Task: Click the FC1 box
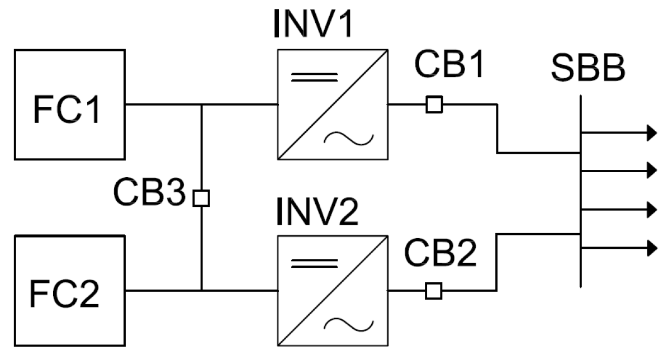[x=69, y=105]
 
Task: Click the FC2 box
[x=69, y=291]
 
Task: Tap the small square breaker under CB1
[x=434, y=105]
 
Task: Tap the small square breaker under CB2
[x=434, y=291]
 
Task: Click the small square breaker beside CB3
[x=201, y=198]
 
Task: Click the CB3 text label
[x=149, y=192]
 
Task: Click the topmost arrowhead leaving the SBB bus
[x=651, y=132]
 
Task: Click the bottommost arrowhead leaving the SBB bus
[x=651, y=247]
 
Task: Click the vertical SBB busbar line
[x=581, y=190]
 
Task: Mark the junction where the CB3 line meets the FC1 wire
[x=201, y=105]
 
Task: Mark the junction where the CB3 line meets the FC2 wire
[x=201, y=291]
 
